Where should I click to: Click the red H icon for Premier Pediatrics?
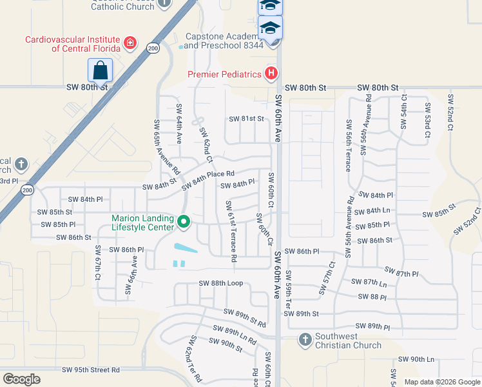[x=271, y=74]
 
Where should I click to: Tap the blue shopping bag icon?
[x=100, y=70]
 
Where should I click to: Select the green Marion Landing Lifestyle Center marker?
[x=184, y=223]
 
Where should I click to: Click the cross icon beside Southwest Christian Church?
[x=305, y=339]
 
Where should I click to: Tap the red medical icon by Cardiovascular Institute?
[x=130, y=43]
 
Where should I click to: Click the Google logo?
[x=21, y=379]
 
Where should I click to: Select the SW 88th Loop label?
[x=220, y=283]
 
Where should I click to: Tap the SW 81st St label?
[x=247, y=119]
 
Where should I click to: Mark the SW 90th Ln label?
[x=416, y=359]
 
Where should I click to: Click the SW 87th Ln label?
[x=369, y=282]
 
